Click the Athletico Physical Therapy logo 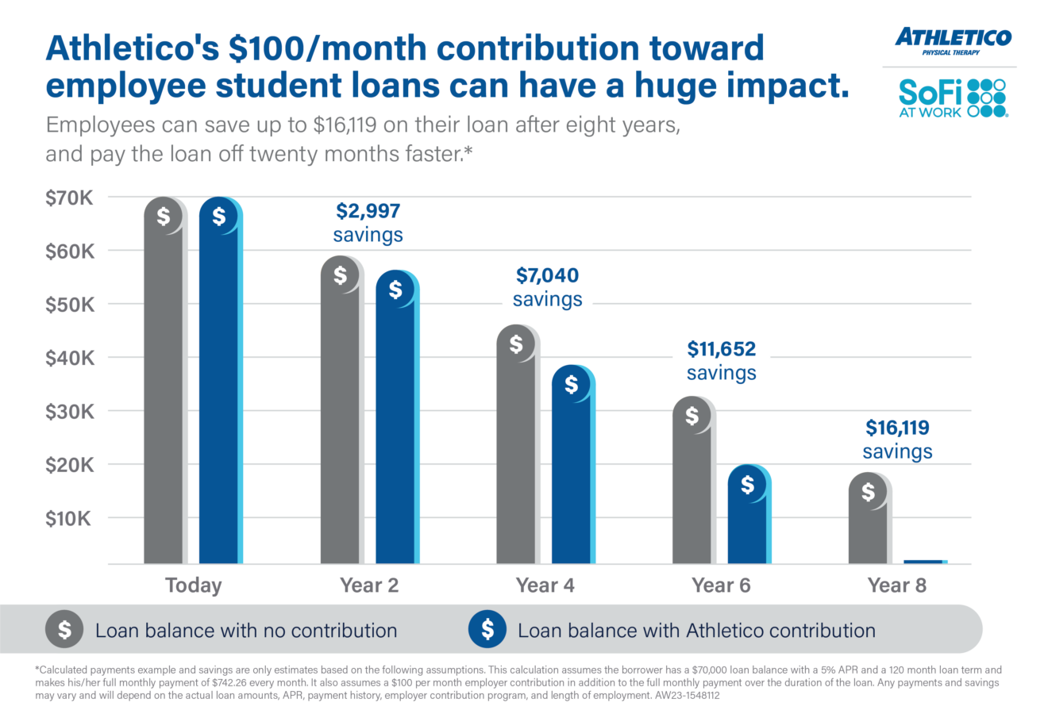(953, 40)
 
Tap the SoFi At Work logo (952, 98)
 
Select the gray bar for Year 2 (340, 413)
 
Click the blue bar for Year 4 (572, 468)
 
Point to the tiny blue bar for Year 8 (924, 562)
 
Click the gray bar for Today (164, 381)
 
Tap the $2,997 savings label (368, 222)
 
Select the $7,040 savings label (547, 286)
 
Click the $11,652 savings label (721, 360)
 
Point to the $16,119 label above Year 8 (897, 429)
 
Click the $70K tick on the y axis (69, 198)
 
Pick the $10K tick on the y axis (69, 519)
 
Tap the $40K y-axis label (69, 359)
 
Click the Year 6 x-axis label (721, 585)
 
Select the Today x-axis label (193, 585)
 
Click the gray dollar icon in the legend (65, 630)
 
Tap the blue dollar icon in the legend (487, 630)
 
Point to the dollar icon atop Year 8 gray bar (869, 492)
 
